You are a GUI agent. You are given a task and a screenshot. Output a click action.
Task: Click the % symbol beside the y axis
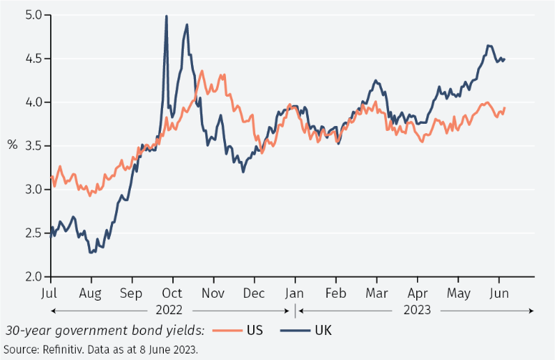[x=12, y=145]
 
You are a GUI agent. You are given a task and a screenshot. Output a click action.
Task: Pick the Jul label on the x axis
[x=50, y=293]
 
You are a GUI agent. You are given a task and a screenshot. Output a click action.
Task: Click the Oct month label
[x=172, y=293]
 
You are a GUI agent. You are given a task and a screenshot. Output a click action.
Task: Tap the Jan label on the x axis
[x=295, y=293]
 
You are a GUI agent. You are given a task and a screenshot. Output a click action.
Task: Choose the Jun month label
[x=498, y=293]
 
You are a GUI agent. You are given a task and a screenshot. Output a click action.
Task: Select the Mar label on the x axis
[x=376, y=293]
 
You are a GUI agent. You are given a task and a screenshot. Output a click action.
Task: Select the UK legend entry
[x=323, y=330]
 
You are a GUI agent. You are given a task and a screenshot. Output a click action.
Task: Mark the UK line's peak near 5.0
[x=167, y=16]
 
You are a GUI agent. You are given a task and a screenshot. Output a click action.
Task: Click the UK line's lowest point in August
[x=91, y=252]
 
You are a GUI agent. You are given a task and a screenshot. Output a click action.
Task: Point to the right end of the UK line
[x=505, y=59]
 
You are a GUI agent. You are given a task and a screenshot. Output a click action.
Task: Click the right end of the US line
[x=505, y=108]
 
